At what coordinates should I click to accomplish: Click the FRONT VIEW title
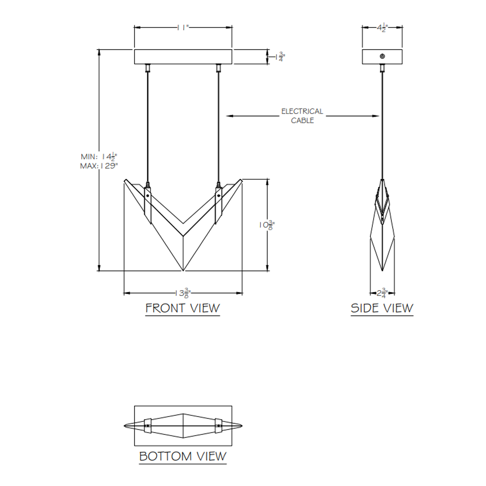(x=183, y=308)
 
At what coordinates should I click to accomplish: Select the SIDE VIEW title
(x=382, y=308)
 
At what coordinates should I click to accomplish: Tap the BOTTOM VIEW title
(x=183, y=456)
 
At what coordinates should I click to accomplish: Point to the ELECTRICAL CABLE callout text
(x=302, y=116)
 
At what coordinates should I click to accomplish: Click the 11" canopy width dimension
(x=183, y=28)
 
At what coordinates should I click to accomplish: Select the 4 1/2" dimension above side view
(x=382, y=27)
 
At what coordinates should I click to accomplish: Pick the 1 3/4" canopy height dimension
(x=280, y=57)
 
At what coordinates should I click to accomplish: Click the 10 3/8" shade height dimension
(x=267, y=225)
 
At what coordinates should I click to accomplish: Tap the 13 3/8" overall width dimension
(x=183, y=293)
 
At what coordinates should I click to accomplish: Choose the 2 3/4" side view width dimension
(x=382, y=293)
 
